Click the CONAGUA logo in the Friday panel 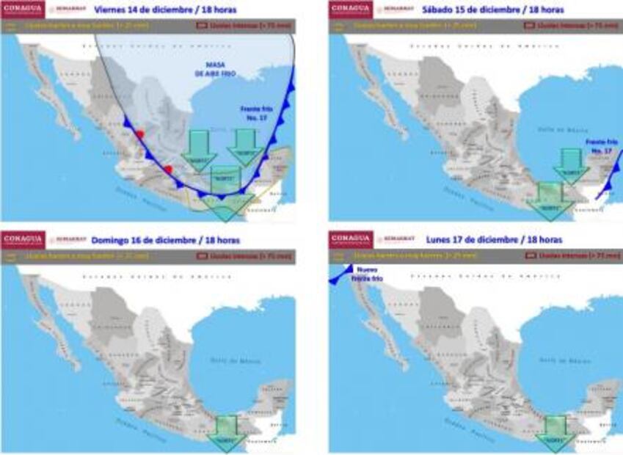pos(23,10)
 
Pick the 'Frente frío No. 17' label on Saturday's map pos(602,145)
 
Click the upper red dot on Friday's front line pos(139,134)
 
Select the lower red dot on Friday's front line pos(168,170)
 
